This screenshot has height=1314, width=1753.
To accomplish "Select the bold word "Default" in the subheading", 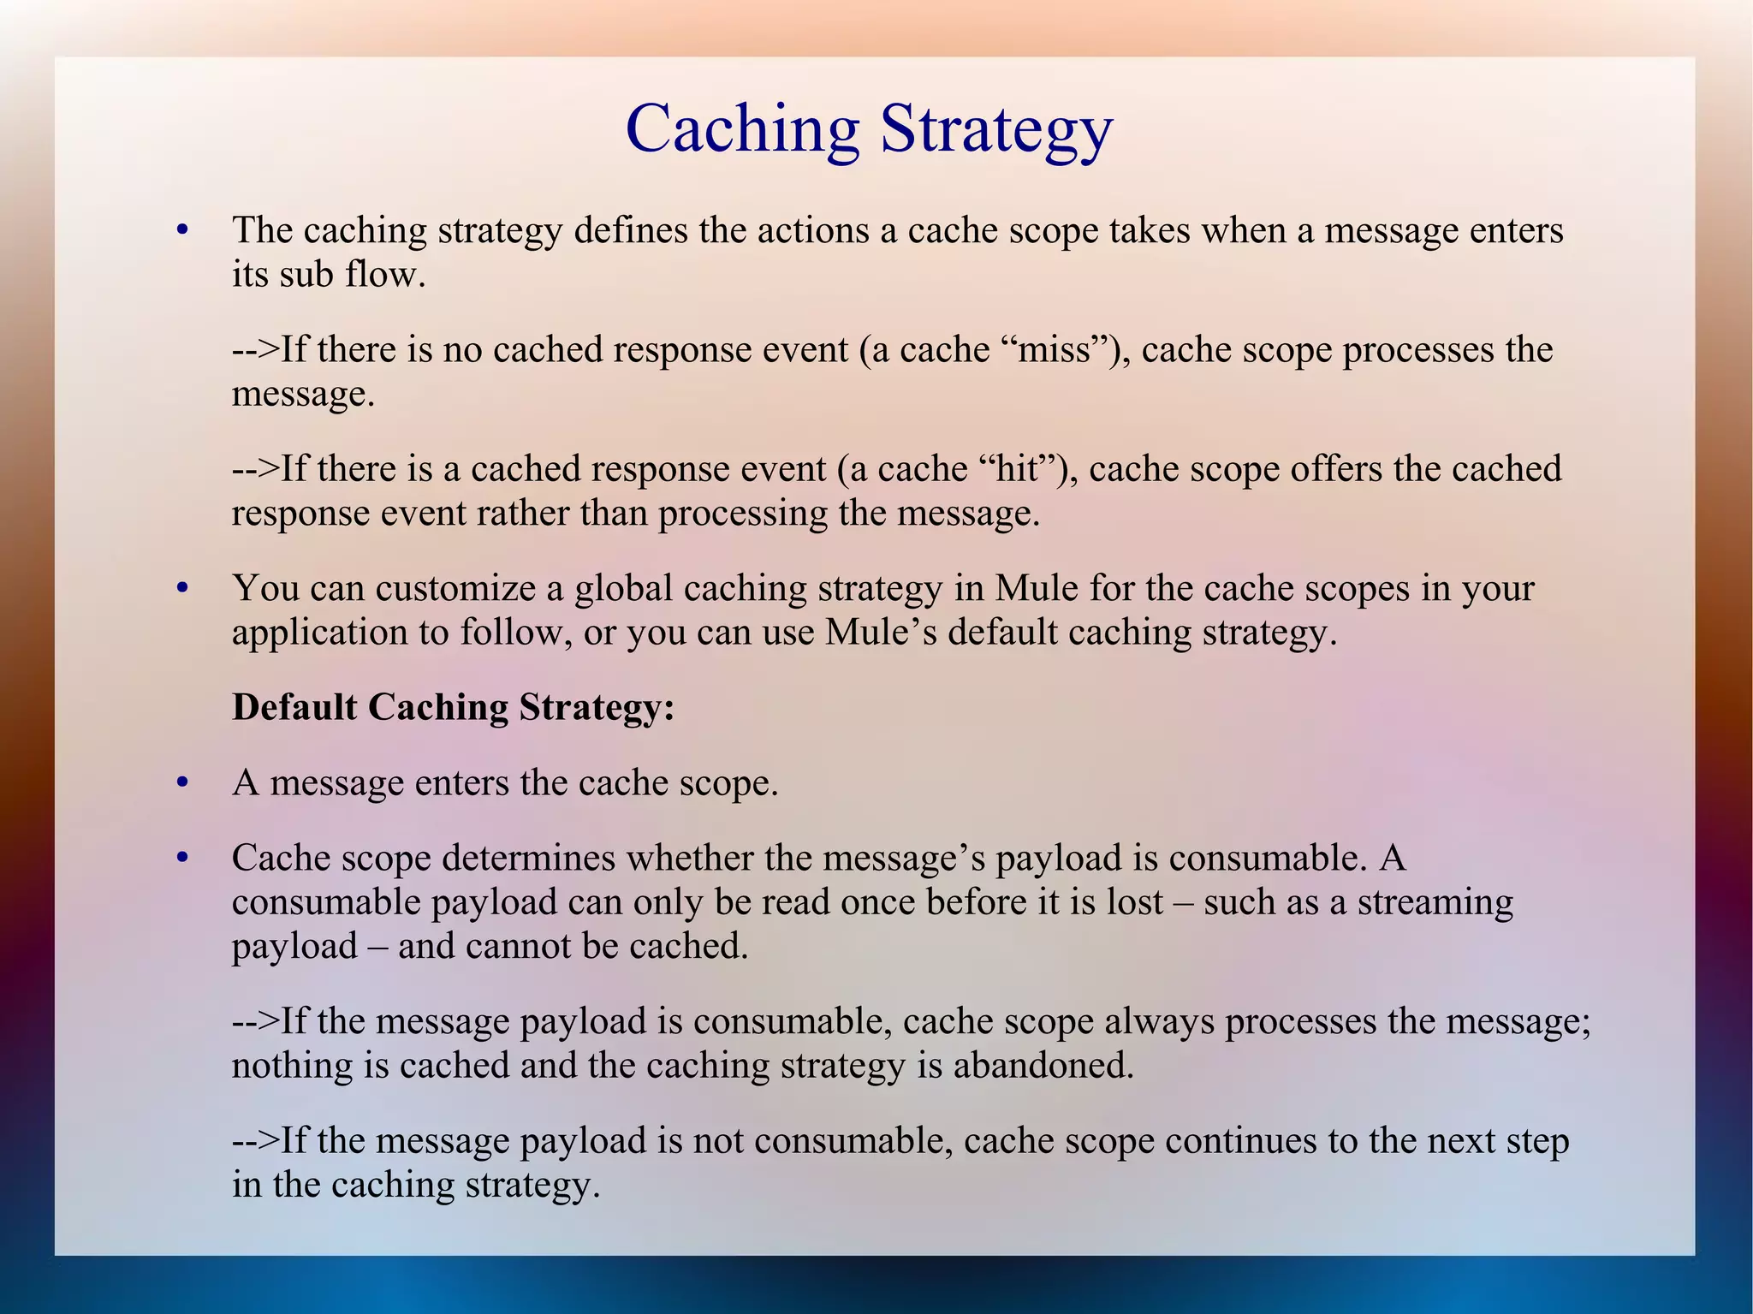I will [294, 707].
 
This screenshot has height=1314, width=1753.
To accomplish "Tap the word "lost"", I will [1126, 902].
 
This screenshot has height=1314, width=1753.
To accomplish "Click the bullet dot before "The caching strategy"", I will [181, 231].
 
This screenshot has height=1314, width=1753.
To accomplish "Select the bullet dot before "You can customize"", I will [181, 589].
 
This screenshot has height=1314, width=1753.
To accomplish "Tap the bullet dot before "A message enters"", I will [181, 783].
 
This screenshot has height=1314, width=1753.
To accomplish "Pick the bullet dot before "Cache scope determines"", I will [181, 859].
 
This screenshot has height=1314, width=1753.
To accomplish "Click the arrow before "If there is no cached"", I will [255, 349].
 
